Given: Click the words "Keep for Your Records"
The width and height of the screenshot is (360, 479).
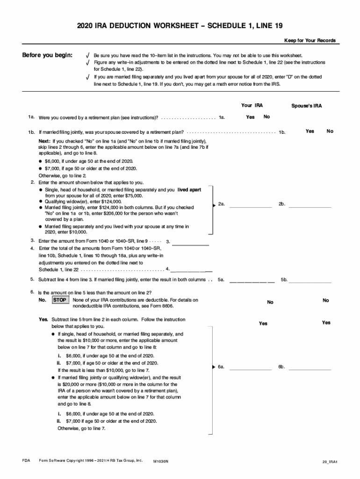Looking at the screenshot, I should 310,40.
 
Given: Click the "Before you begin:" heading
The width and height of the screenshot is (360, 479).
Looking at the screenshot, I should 48,56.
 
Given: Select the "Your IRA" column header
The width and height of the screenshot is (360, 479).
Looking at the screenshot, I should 252,106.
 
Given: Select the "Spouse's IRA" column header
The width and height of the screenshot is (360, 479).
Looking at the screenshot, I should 307,106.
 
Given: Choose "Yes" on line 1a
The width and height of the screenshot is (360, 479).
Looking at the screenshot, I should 250,117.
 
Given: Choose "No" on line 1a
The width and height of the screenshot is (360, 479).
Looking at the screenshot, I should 266,117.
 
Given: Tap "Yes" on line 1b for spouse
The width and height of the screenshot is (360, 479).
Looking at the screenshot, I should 310,131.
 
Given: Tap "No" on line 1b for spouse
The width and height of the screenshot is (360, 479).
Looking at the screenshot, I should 330,131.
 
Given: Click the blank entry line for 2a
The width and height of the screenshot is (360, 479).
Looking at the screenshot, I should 250,206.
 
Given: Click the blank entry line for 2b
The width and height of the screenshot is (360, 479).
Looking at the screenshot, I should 310,206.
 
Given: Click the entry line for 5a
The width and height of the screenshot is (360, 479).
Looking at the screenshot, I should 252,282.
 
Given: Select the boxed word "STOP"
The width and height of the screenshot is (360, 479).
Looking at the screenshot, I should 59,300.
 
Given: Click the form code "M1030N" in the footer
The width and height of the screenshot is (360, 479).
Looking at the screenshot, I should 161,461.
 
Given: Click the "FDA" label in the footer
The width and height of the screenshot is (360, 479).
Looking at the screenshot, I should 26,461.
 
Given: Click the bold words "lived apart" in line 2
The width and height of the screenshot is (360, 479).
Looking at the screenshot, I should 189,190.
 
